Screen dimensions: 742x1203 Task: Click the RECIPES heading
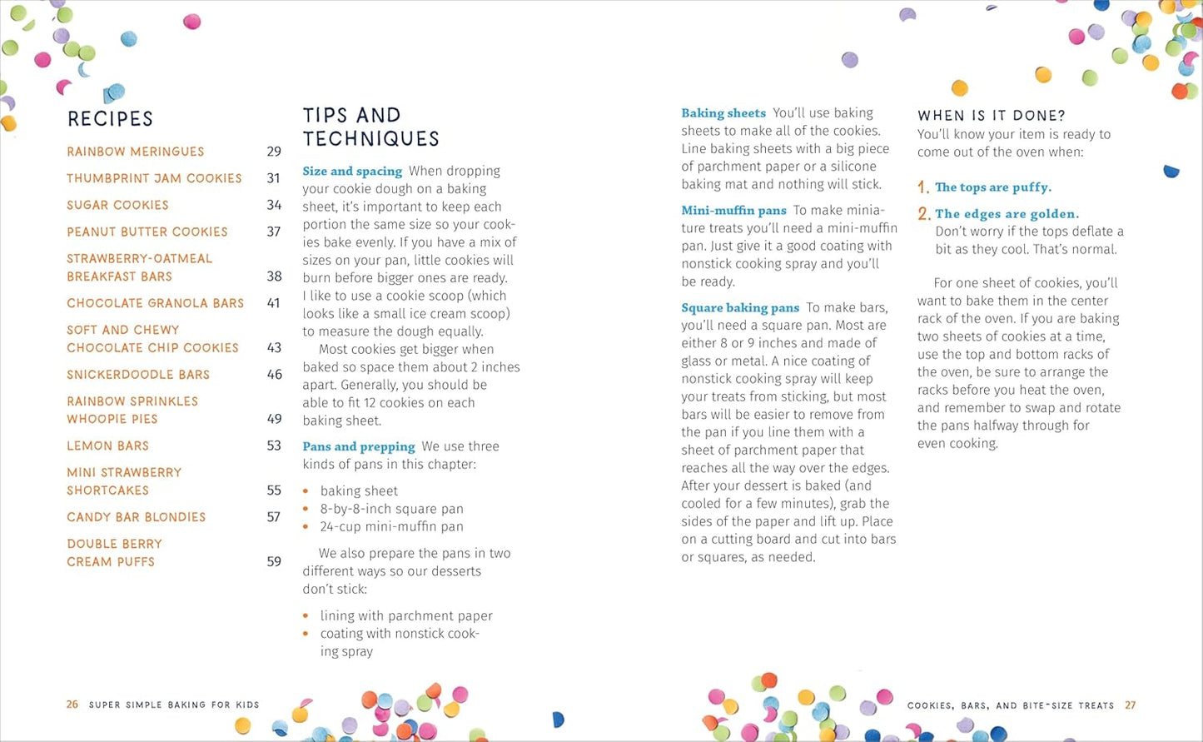[110, 119]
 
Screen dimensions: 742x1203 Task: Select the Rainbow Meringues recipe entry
[135, 152]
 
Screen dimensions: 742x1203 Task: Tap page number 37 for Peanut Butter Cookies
[273, 232]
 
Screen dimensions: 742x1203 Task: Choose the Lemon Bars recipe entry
[107, 446]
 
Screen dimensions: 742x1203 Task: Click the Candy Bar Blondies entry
[136, 517]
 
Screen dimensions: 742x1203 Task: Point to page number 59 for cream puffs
[273, 561]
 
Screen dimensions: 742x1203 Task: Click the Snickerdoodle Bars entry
[138, 375]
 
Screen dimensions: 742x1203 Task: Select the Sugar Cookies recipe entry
[117, 205]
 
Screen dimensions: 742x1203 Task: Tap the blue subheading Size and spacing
[352, 172]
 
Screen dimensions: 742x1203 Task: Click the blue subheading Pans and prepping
[359, 447]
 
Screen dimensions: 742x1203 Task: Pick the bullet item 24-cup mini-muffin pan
[391, 526]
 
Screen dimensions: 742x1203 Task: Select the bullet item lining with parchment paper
[406, 615]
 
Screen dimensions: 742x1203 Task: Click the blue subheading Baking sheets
[723, 113]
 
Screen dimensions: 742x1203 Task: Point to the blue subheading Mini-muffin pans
[733, 211]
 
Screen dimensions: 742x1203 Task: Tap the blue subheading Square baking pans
[740, 308]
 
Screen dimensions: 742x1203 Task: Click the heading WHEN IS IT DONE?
[991, 116]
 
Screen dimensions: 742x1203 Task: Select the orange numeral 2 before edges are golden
[924, 214]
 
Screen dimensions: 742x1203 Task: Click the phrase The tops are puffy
[992, 187]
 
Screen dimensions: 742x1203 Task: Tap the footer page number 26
[72, 705]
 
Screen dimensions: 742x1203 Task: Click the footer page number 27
[1130, 705]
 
